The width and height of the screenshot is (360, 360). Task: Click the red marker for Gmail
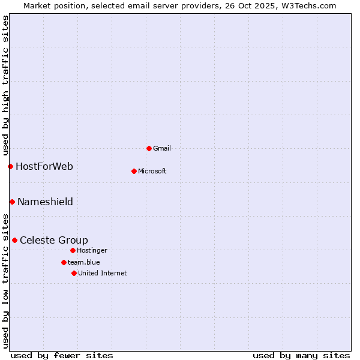tap(149, 148)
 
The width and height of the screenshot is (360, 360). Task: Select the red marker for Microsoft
tap(134, 171)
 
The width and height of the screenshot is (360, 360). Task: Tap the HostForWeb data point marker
tap(10, 166)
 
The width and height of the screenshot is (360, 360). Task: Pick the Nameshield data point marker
tap(12, 202)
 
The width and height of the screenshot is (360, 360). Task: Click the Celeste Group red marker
tap(14, 240)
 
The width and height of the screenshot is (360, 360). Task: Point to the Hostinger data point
tap(73, 250)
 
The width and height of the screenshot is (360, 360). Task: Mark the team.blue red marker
tap(64, 262)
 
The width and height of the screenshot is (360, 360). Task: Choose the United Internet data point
tap(74, 273)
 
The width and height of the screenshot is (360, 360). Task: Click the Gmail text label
tap(162, 148)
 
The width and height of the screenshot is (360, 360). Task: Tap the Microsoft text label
tap(152, 171)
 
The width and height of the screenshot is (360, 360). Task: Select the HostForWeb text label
tap(44, 166)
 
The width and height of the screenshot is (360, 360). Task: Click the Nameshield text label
tap(45, 202)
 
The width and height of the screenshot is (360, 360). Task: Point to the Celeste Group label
tap(54, 240)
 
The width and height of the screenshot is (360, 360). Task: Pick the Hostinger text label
tap(92, 250)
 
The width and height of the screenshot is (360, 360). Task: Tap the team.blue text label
tap(84, 262)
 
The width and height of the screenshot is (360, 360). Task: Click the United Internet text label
tap(103, 273)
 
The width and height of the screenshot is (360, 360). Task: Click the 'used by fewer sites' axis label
tap(62, 355)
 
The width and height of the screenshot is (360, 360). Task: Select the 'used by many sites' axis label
tap(301, 355)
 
